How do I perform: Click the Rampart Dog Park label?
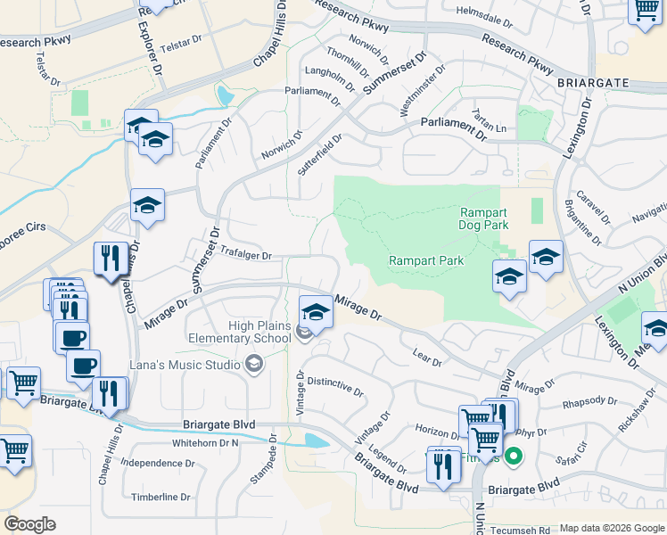coord(484,218)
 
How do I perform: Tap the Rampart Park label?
coord(426,260)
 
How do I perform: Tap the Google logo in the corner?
coord(29,524)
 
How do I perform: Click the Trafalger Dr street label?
coord(244,254)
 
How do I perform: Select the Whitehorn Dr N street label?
coord(206,442)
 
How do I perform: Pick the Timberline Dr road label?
coord(161,497)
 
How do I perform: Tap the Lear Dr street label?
coord(428,358)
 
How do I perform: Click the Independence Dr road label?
coord(158,463)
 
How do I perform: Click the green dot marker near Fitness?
coord(513,458)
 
